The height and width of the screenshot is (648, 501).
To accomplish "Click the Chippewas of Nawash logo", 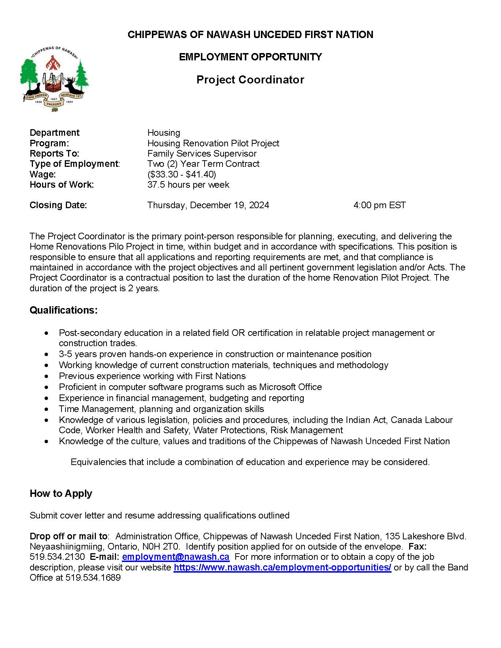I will [54, 79].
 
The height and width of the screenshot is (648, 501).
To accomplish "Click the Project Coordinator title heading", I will [250, 80].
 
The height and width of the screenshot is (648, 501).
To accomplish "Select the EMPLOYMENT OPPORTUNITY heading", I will [250, 57].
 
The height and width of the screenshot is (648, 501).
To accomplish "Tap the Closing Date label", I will [58, 205].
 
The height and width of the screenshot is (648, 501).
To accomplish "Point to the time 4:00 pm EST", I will [380, 205].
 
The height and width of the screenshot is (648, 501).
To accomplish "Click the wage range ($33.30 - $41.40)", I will [182, 174].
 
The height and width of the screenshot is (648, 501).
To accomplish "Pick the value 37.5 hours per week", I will [188, 184].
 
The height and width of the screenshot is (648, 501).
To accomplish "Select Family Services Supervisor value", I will [202, 154].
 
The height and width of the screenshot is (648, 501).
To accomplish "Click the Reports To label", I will [54, 154].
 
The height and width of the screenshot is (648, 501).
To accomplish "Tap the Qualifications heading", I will [64, 310].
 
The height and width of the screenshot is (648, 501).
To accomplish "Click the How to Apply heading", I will [61, 494].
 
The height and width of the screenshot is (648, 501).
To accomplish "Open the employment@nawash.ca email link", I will [176, 557].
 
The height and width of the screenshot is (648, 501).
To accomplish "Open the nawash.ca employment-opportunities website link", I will [283, 568].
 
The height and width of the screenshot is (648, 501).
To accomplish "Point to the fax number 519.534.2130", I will [57, 557].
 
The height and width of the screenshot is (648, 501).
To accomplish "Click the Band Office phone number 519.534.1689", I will [93, 578].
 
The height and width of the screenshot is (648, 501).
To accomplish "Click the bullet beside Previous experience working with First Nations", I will [46, 376].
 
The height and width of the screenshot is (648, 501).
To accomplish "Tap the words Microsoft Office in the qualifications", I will [291, 387].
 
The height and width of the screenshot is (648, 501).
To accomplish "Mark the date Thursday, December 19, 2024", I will [208, 205].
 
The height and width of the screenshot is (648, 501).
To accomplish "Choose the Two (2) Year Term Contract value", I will [203, 164].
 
